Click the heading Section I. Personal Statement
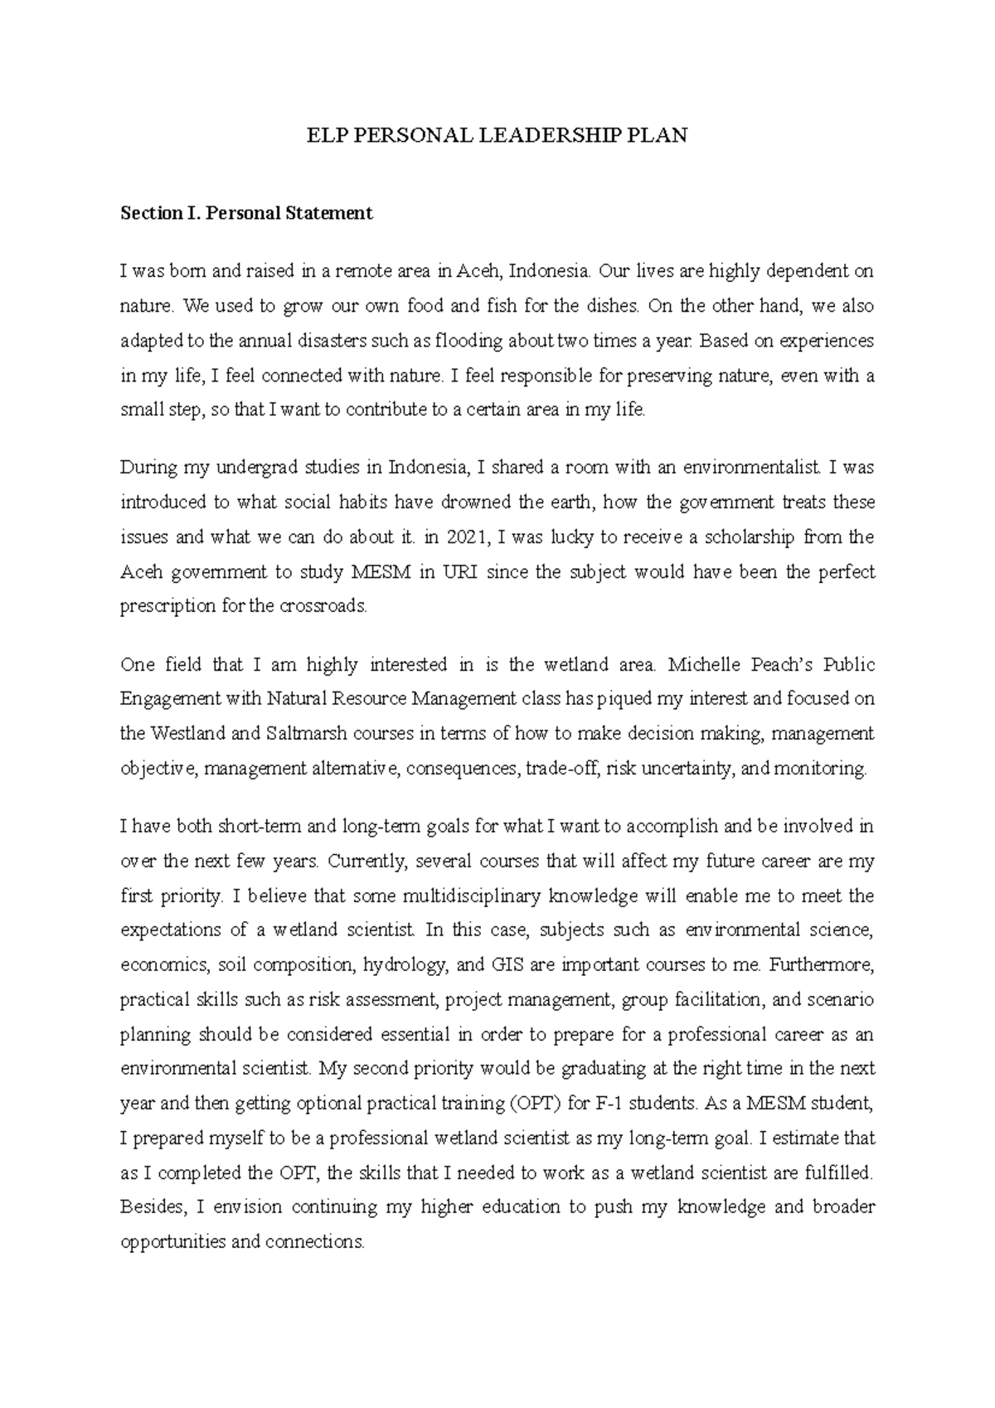pos(246,213)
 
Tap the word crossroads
pos(324,606)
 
